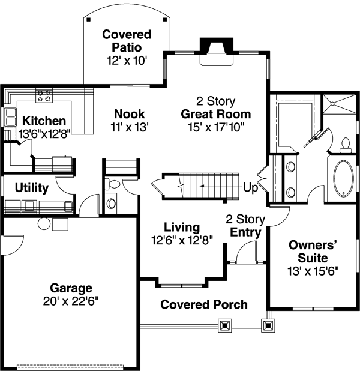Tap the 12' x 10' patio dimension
point(126,60)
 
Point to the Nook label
point(130,114)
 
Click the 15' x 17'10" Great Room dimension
point(216,127)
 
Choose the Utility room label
point(32,188)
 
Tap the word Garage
point(71,288)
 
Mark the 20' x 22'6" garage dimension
point(71,301)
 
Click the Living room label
point(182,228)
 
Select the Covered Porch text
point(203,304)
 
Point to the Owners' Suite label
point(308,251)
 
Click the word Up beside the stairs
point(250,188)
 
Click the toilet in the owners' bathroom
point(345,143)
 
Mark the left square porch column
point(226,326)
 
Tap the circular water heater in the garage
point(44,223)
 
